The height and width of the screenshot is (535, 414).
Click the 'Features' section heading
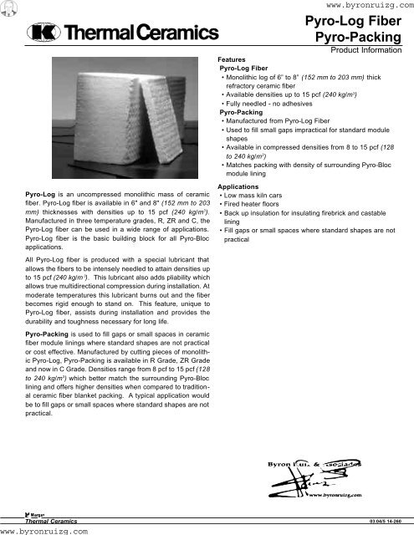pos(232,60)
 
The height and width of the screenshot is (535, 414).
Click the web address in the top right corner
pos(360,5)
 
